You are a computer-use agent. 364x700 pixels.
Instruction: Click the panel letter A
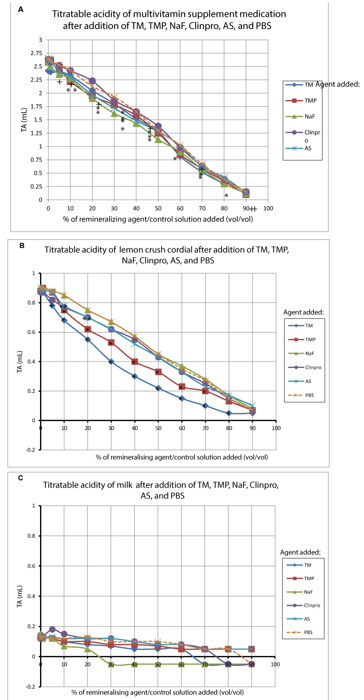[x=20, y=9]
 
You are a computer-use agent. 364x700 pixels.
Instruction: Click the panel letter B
[x=21, y=244]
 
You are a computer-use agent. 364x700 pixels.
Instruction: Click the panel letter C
[x=21, y=478]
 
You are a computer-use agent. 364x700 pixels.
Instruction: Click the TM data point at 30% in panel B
[x=111, y=362]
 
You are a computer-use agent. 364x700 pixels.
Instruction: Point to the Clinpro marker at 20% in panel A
[x=92, y=81]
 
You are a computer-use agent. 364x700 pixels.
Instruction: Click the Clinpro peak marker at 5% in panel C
[x=52, y=629]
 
